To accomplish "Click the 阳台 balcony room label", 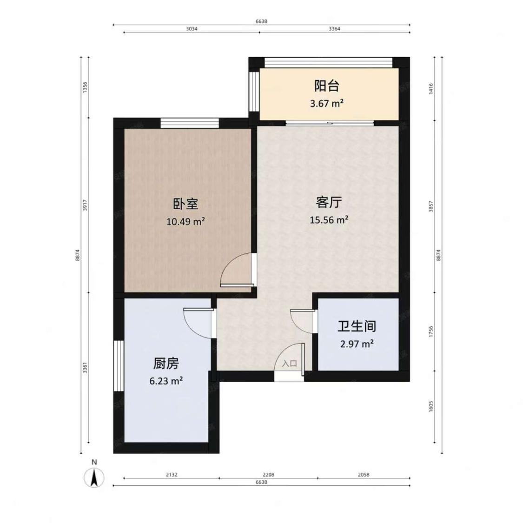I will coord(326,86).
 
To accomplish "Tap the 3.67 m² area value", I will coord(326,103).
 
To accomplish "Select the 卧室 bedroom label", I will coord(185,204).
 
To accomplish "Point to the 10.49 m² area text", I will coord(185,221).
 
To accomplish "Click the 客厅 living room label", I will coord(329,202).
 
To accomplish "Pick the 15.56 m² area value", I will coord(329,220).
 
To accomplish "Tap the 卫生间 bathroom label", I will coord(357,326).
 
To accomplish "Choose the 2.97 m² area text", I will coord(357,344).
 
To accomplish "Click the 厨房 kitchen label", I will coord(166,363).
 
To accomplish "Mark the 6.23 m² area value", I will coord(166,381).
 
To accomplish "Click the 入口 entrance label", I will coord(289,364).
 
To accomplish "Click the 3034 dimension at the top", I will coord(192,29).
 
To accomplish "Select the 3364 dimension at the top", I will coord(334,29).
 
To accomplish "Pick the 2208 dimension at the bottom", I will coord(268,475).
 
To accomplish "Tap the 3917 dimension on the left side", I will coord(85,205).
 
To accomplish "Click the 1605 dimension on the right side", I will coord(431,406).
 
